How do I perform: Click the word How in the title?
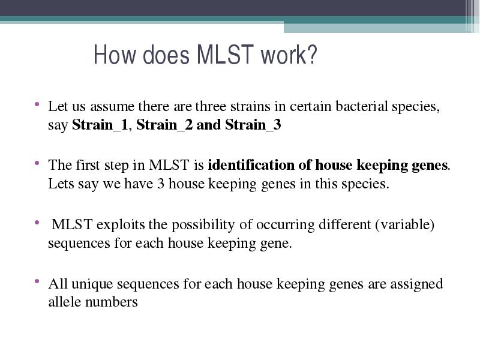115,55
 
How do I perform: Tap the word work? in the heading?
289,55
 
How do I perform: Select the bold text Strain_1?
100,125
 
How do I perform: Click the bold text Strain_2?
164,125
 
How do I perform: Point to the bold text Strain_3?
253,125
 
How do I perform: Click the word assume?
112,107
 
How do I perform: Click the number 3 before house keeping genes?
161,184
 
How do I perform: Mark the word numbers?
112,302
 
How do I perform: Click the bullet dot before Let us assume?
37,104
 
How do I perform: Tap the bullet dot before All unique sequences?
37,281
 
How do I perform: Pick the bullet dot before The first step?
37,163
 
